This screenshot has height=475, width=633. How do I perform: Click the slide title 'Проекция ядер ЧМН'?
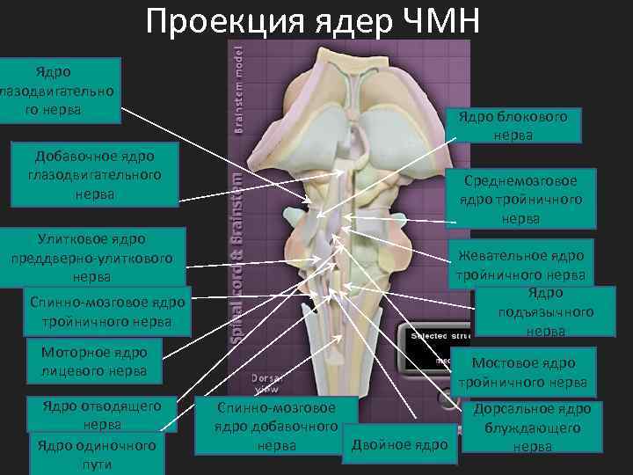[x=313, y=21]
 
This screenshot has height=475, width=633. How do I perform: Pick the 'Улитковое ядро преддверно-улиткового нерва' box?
[x=91, y=257]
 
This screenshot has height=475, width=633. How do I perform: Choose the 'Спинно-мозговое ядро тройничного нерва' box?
[x=106, y=311]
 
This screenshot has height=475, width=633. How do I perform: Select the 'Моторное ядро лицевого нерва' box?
[x=94, y=362]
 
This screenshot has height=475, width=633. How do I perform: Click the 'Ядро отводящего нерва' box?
[x=101, y=414]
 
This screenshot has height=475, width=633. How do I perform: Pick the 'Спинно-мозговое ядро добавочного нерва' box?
[x=277, y=427]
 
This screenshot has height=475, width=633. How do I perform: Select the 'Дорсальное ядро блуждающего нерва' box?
[x=532, y=427]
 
